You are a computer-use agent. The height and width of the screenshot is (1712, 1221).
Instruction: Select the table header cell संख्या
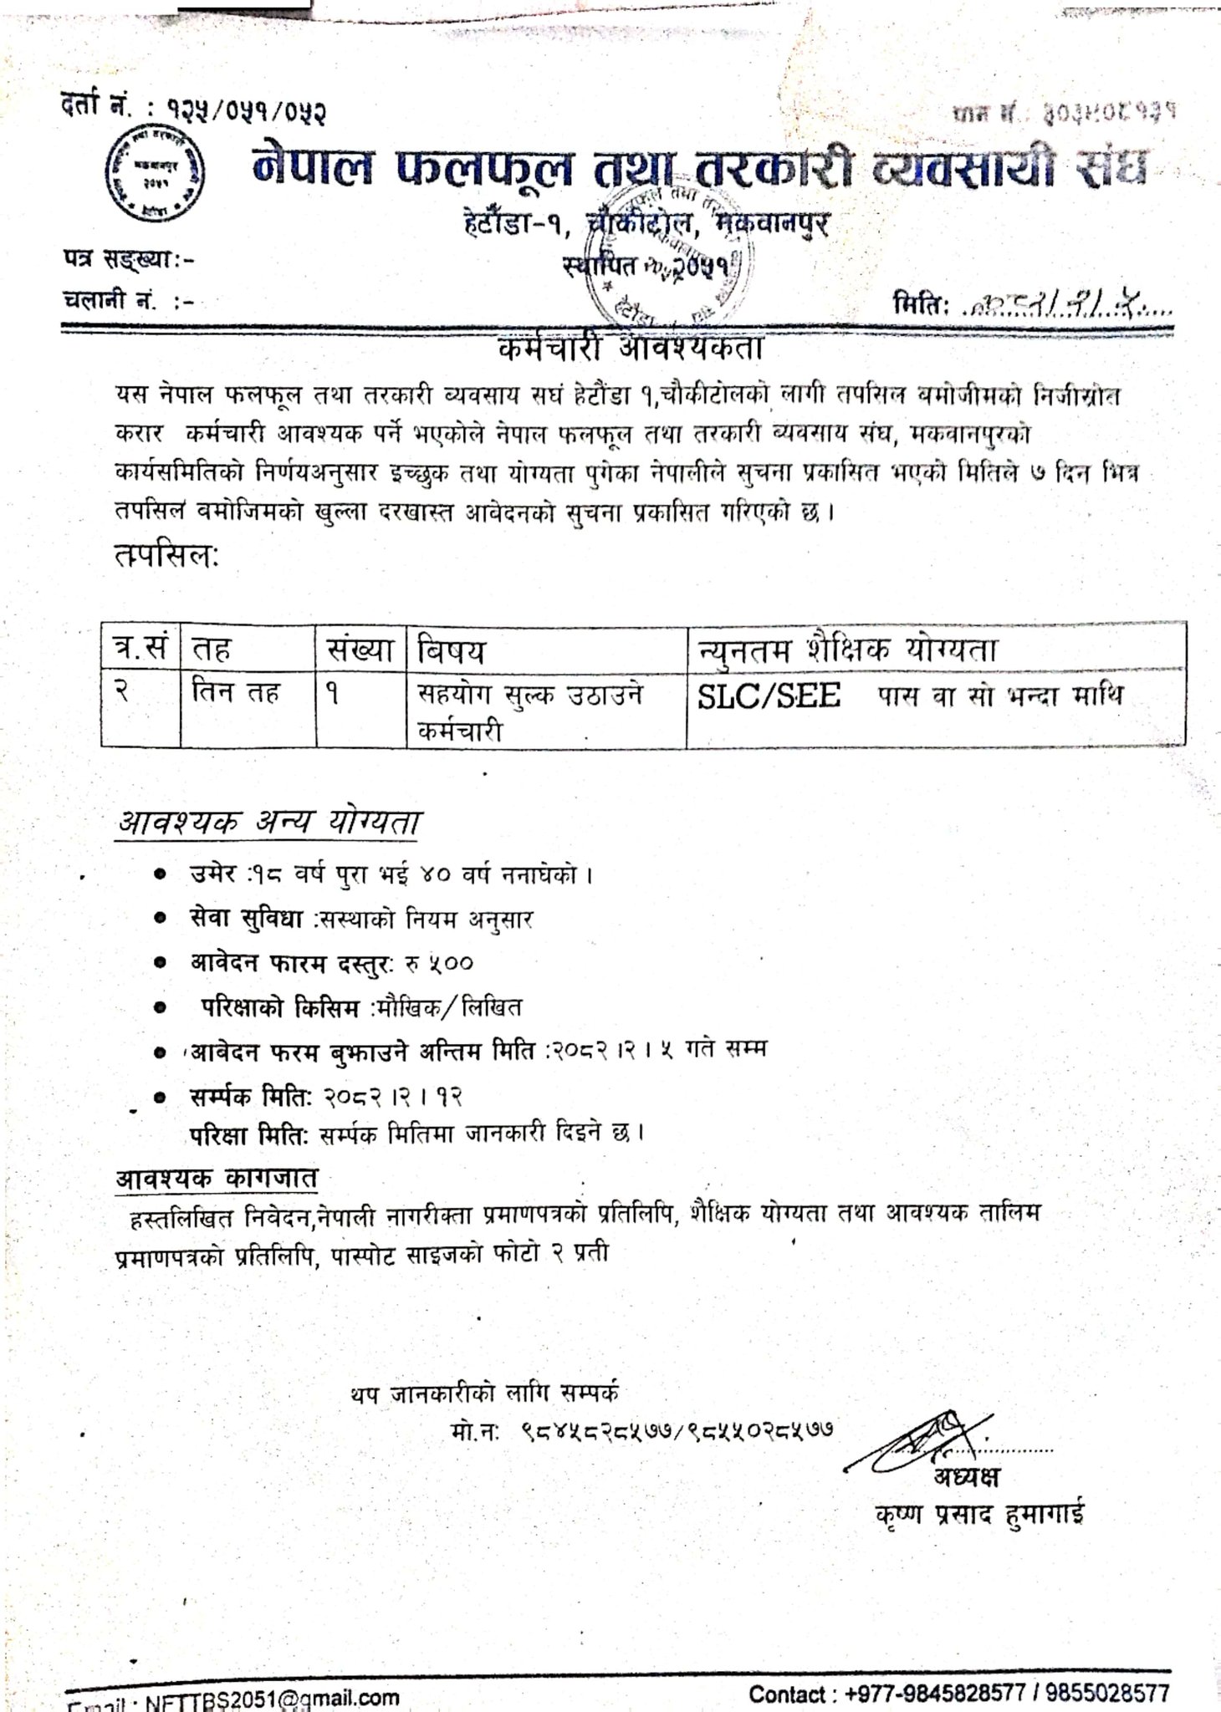coord(360,649)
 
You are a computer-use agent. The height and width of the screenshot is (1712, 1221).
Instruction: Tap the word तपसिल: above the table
coord(166,556)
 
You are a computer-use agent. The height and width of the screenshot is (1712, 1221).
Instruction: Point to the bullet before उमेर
coord(158,876)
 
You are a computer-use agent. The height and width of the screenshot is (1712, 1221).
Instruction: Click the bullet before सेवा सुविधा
coord(158,920)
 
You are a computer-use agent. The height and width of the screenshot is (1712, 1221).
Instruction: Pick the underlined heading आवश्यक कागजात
coord(217,1179)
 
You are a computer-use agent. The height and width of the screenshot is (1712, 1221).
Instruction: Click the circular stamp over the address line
coord(678,250)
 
